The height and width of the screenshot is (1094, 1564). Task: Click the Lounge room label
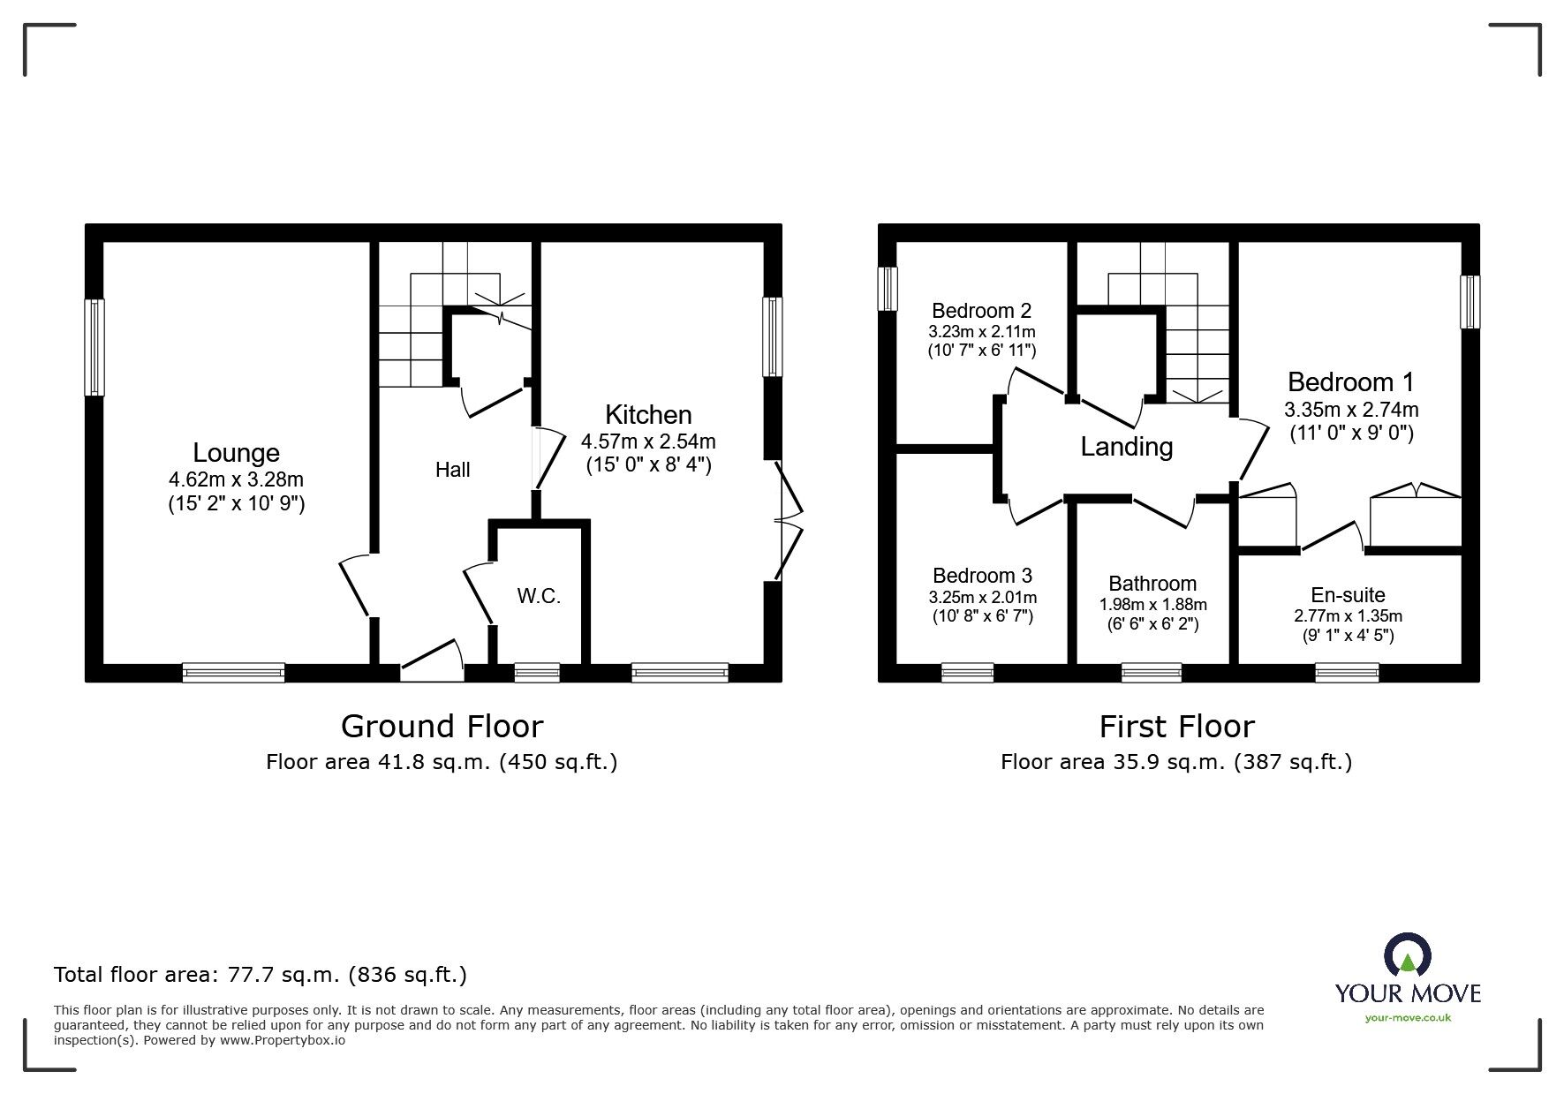236,453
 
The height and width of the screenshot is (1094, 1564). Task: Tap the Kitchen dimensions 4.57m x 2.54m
648,441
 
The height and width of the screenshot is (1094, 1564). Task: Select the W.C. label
539,596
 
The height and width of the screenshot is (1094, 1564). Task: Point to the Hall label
453,470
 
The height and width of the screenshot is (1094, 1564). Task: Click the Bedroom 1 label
1351,382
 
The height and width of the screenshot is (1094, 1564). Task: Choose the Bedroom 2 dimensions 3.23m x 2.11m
982,332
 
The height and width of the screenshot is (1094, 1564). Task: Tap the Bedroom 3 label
982,576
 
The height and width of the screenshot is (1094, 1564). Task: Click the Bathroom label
1152,584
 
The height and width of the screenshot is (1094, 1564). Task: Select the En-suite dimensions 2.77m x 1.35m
1349,616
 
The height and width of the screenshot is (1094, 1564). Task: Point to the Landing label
1127,447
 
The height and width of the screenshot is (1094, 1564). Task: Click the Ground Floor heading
442,727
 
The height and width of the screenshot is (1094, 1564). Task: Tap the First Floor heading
1176,727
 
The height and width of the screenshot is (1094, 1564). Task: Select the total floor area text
261,975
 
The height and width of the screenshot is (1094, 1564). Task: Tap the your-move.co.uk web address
1408,1018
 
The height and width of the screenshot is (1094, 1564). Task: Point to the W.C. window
537,674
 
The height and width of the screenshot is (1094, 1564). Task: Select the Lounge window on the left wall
94,348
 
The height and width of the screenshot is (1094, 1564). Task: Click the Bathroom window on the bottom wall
1152,674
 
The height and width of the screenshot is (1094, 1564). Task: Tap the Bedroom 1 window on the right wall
1470,302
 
